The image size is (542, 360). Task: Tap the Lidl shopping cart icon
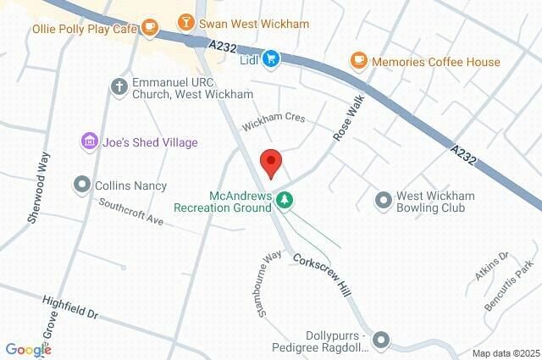[x=271, y=58]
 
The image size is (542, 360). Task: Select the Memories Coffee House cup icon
[x=358, y=61]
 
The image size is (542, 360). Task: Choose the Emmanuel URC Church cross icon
[x=119, y=86]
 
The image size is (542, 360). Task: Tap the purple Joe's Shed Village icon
[x=86, y=140]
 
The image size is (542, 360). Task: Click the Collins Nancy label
[x=130, y=186]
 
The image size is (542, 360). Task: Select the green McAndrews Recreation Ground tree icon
[x=286, y=200]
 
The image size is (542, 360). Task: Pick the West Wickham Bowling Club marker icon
[x=384, y=201]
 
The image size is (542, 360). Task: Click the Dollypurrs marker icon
[x=381, y=340]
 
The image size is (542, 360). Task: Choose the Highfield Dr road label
[x=71, y=307]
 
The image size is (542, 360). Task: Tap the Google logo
[x=28, y=350]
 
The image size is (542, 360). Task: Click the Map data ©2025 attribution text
[x=505, y=353]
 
